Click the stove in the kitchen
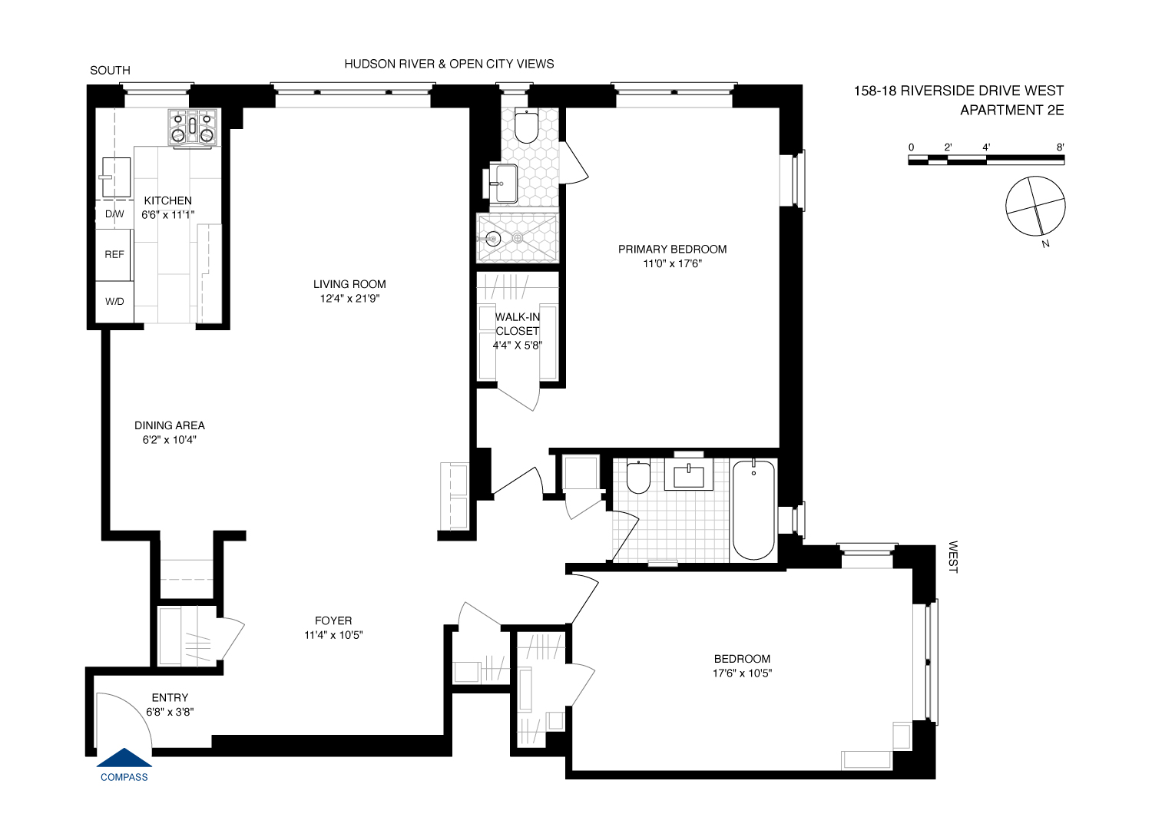click(193, 127)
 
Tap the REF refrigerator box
click(114, 254)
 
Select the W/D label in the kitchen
click(114, 302)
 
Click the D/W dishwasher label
click(114, 214)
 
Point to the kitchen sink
click(116, 177)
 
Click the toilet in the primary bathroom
click(526, 127)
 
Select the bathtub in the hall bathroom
click(753, 510)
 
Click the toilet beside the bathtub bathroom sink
click(638, 477)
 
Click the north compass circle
click(1035, 206)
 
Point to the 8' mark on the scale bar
click(1060, 147)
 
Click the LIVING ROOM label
click(349, 284)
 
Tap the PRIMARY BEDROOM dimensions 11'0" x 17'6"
click(673, 263)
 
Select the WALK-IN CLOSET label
click(518, 324)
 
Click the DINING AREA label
click(170, 425)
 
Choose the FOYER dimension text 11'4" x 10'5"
click(333, 635)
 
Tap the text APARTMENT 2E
click(1011, 110)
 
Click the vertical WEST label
click(952, 557)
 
